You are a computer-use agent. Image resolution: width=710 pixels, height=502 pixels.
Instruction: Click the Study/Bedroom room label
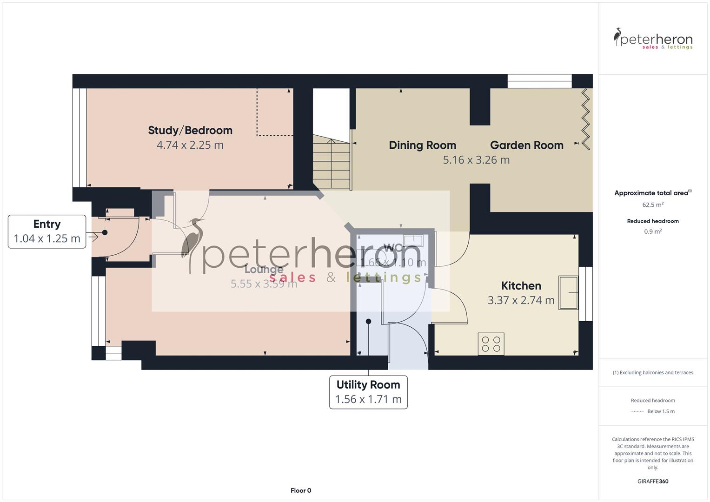[x=190, y=131]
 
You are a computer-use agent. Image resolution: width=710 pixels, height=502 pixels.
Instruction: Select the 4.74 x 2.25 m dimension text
[x=190, y=145]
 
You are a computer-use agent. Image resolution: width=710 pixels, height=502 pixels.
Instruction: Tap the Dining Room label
[x=422, y=145]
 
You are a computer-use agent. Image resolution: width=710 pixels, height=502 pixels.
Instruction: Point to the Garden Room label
[x=526, y=145]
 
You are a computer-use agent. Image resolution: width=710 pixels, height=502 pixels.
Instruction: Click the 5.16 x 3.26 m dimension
[x=476, y=160]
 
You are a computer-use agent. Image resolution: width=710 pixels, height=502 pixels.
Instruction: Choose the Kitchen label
[x=521, y=286]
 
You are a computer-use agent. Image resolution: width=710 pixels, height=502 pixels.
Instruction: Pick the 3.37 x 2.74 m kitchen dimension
[x=521, y=300]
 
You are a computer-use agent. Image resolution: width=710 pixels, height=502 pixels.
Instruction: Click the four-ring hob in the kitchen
[x=491, y=344]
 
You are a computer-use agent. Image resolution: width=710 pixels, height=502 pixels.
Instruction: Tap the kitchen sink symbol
[x=568, y=293]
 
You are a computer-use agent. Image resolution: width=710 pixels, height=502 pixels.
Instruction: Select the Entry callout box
[x=47, y=231]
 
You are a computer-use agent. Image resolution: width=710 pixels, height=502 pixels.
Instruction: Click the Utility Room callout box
[x=368, y=392]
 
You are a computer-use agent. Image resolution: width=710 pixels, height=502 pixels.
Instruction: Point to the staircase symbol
[x=331, y=160]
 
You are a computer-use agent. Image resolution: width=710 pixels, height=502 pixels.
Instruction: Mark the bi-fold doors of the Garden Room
[x=585, y=119]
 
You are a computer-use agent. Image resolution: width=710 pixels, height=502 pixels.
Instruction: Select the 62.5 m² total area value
[x=653, y=205]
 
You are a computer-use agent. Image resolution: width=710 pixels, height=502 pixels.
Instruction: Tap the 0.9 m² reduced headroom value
[x=653, y=231]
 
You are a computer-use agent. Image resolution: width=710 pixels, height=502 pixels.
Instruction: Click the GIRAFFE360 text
[x=653, y=482]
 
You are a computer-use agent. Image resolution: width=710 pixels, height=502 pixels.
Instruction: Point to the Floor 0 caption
[x=301, y=490]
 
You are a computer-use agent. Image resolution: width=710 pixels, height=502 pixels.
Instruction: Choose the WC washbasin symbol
[x=413, y=240]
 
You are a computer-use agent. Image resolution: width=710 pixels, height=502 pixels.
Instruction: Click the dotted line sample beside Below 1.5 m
[x=637, y=411]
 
